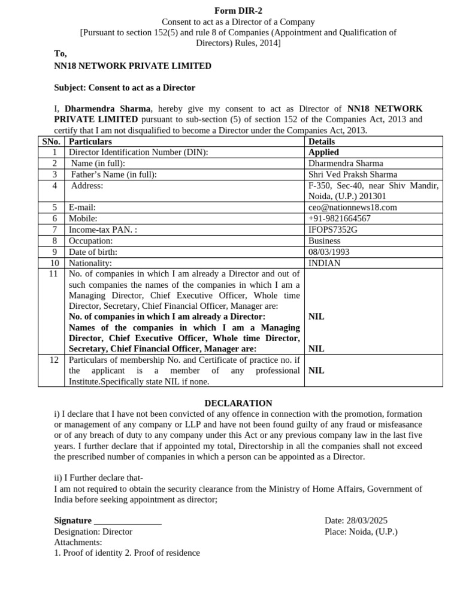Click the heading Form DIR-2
tap(238, 11)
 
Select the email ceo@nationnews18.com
tap(352, 207)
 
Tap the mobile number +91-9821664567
tap(339, 218)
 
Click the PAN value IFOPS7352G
tap(332, 230)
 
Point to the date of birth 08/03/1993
tap(329, 252)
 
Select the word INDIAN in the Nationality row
tap(324, 263)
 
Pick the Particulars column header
tap(90, 142)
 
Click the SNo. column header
tap(51, 142)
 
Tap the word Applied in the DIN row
tap(323, 152)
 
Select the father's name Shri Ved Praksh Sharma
tap(353, 174)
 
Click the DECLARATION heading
tap(238, 403)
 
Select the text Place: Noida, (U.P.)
tap(361, 531)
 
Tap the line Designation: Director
tap(93, 531)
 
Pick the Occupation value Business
tap(324, 240)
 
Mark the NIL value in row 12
tap(316, 371)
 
